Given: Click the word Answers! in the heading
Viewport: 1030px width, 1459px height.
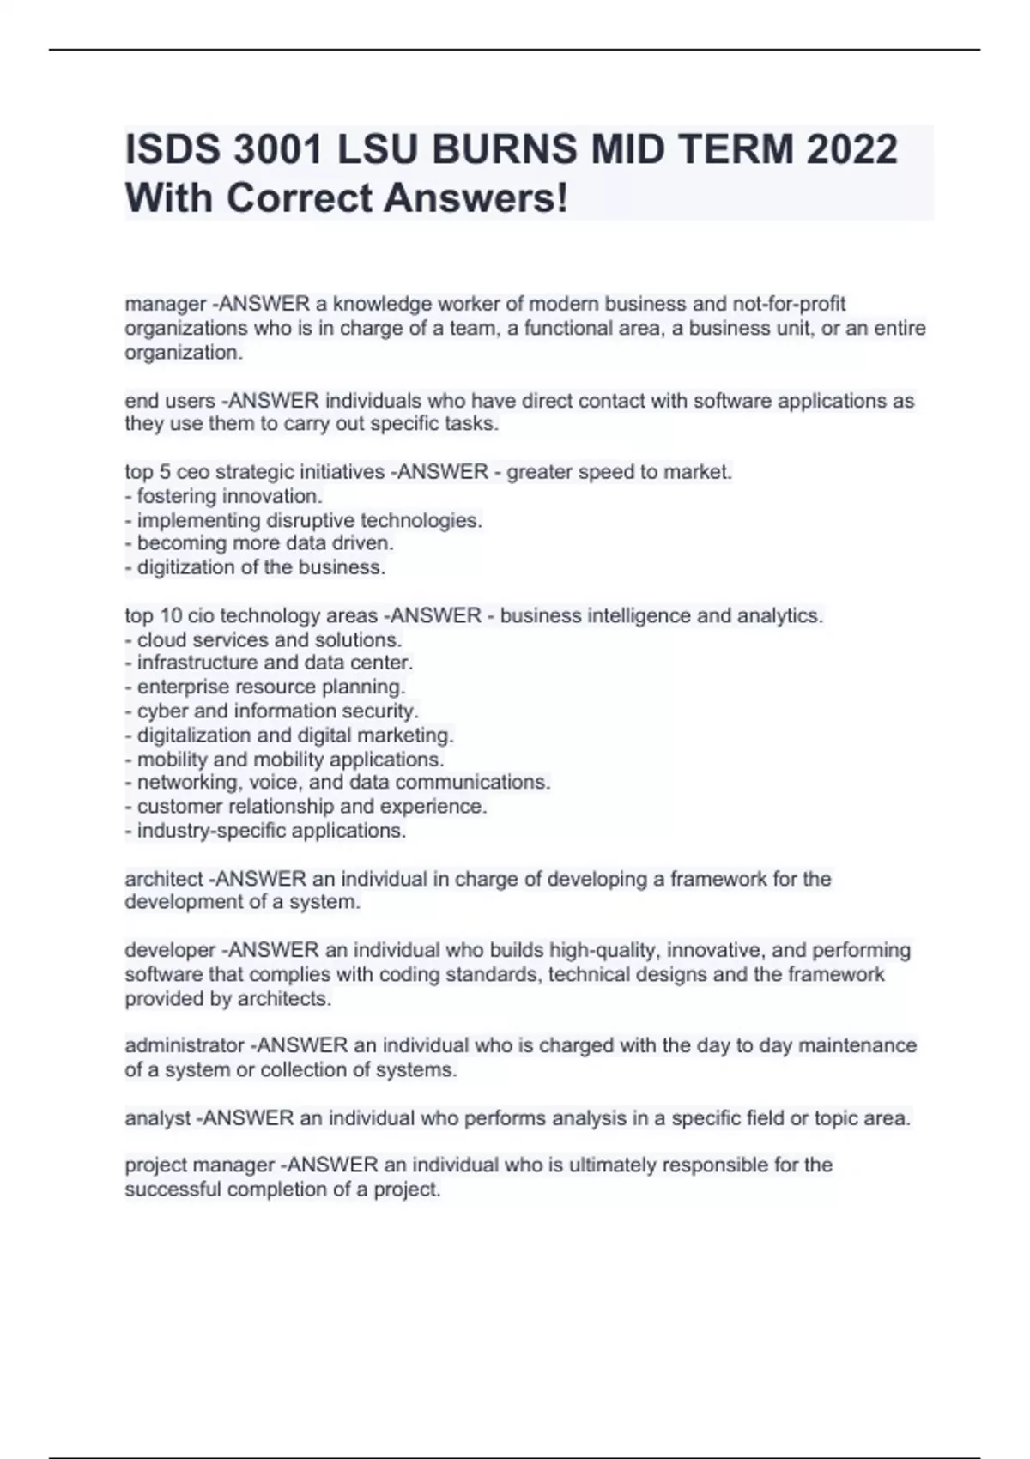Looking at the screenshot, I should coord(476,198).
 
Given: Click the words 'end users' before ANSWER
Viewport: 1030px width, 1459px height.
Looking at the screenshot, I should coord(170,401).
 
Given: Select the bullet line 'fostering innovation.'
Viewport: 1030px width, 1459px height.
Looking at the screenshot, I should coord(229,496).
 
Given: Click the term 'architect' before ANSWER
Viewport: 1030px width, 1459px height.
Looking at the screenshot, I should coord(164,879).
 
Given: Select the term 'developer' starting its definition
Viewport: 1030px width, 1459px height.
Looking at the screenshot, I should coord(170,951).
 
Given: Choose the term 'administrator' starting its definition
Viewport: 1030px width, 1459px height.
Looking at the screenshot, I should coord(185,1046).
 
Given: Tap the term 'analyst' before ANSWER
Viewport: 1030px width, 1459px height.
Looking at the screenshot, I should coord(158,1118).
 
